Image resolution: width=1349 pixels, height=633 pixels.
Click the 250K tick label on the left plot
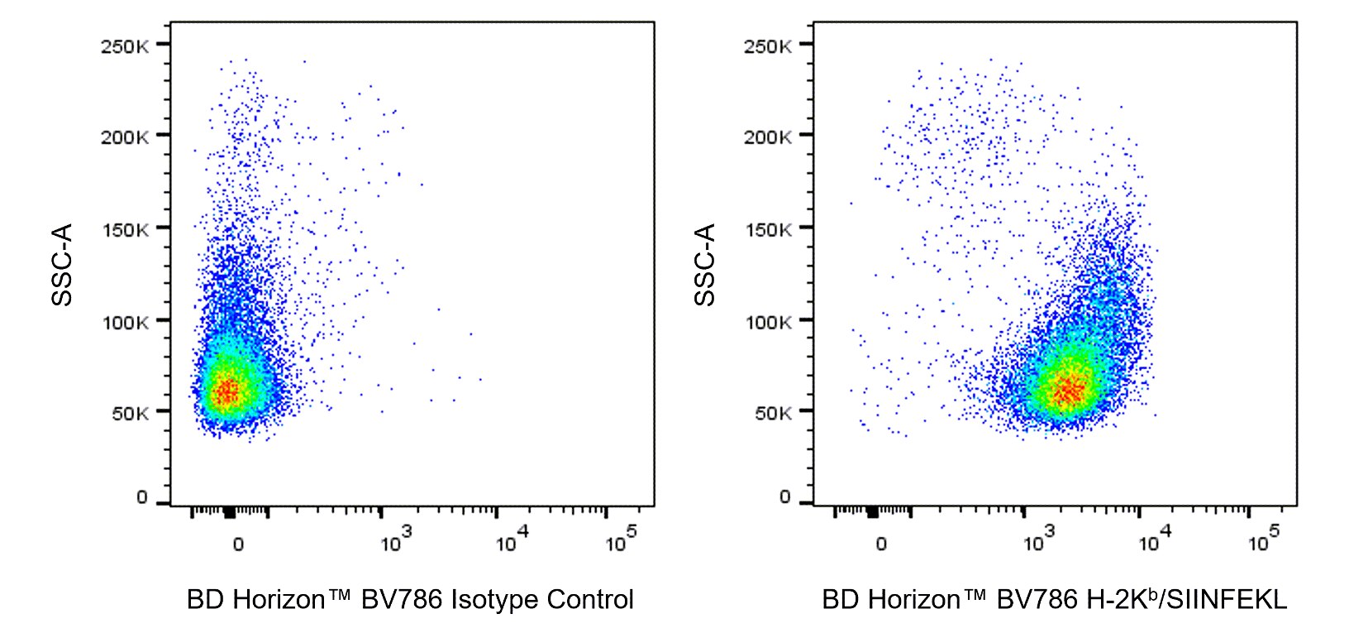pyautogui.click(x=125, y=46)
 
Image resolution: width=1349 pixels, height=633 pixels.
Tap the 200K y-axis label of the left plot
pyautogui.click(x=125, y=137)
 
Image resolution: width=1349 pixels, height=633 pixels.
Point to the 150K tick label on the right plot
pyautogui.click(x=767, y=229)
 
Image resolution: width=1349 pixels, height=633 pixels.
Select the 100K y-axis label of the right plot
pyautogui.click(x=767, y=322)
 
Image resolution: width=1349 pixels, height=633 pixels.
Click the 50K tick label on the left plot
pyautogui.click(x=130, y=413)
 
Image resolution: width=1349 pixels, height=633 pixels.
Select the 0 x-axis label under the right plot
pyautogui.click(x=881, y=544)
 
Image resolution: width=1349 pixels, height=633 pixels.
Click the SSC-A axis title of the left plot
pyautogui.click(x=63, y=264)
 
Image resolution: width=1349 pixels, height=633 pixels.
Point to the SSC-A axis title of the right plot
pyautogui.click(x=705, y=264)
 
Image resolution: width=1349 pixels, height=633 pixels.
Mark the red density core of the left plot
pyautogui.click(x=226, y=390)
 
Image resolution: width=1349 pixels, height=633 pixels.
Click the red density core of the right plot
pyautogui.click(x=1070, y=389)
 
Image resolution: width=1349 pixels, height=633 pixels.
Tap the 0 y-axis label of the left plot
pyautogui.click(x=142, y=497)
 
